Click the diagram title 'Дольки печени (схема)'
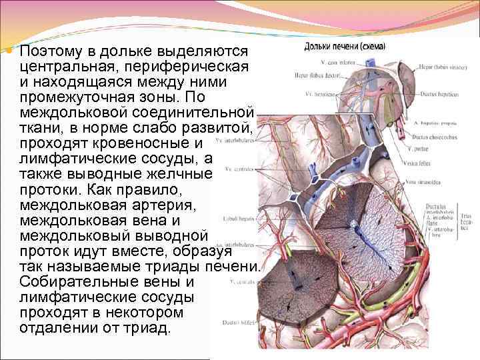pos(349,47)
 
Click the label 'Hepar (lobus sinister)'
pos(441,67)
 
